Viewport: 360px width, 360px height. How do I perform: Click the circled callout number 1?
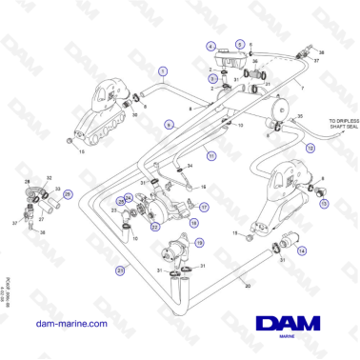coord(163,71)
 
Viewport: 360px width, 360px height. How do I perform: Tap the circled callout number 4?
coord(210,46)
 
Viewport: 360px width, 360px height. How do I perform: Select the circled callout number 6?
coord(168,124)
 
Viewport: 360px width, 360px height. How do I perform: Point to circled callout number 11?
coord(211,154)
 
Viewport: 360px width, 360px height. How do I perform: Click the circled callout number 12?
coord(310,149)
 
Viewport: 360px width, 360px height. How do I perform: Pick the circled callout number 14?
coord(301,250)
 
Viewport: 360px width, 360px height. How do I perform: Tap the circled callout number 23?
coord(120,270)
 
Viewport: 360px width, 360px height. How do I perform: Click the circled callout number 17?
coord(204,205)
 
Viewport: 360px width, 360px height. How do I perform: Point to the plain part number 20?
coord(249,285)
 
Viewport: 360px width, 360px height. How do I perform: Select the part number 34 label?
coord(190,165)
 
